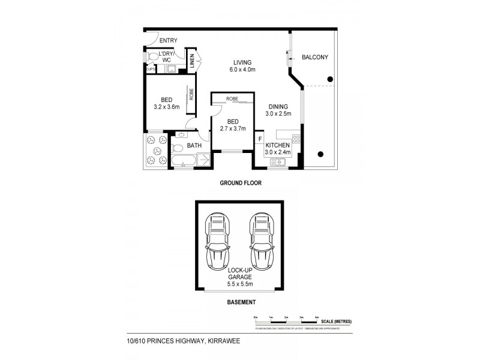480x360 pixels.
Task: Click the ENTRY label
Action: pyautogui.click(x=169, y=40)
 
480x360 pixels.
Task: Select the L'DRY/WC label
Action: pyautogui.click(x=166, y=58)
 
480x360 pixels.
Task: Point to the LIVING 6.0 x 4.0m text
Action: pyautogui.click(x=242, y=66)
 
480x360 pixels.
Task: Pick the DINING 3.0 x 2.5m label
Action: pyautogui.click(x=279, y=110)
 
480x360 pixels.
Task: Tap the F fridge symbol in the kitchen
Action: pyautogui.click(x=260, y=140)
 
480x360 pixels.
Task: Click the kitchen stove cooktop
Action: pyautogui.click(x=296, y=142)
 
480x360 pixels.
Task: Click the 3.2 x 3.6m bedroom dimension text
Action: pyautogui.click(x=167, y=107)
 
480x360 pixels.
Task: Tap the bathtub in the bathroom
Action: pyautogui.click(x=183, y=160)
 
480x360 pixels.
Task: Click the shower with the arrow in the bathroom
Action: pyautogui.click(x=203, y=160)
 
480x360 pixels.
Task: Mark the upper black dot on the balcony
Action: pyautogui.click(x=329, y=79)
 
